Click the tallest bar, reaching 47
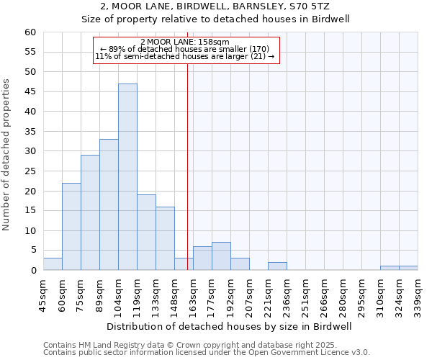[x=127, y=177]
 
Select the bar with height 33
[x=109, y=205]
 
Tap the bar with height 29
[x=90, y=213]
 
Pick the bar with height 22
[x=71, y=227]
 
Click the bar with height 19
[x=146, y=233]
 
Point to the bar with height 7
[x=221, y=256]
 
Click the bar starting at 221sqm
[x=277, y=266]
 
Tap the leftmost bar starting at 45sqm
[x=53, y=264]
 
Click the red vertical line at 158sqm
[x=187, y=166]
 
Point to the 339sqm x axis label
[x=418, y=295]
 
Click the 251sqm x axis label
[x=305, y=295]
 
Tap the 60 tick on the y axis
[x=30, y=32]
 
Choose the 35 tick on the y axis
[x=30, y=132]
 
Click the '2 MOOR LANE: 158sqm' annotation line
[x=185, y=42]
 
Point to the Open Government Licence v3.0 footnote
[x=288, y=352]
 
